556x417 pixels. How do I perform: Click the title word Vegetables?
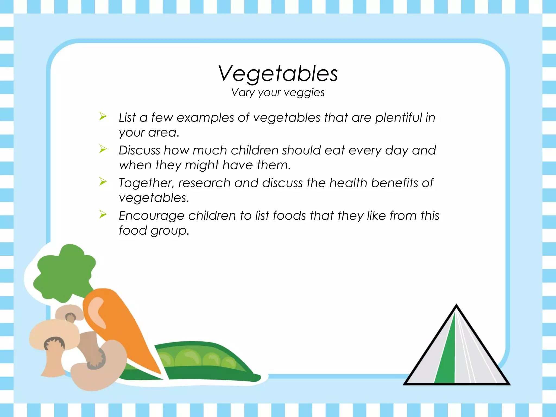click(278, 74)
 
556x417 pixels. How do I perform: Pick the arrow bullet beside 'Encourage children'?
click(103, 214)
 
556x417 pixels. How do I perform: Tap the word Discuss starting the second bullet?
click(139, 150)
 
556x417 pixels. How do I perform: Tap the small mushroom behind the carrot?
click(69, 312)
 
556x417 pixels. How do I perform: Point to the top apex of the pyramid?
click(456, 306)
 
